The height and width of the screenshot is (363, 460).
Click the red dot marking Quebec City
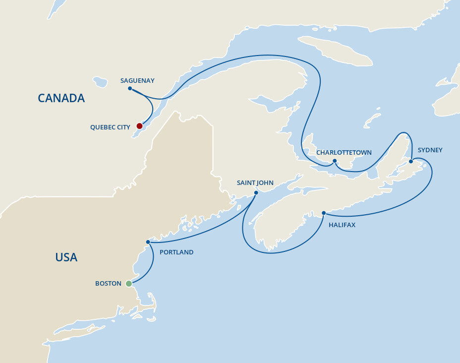[x=140, y=126]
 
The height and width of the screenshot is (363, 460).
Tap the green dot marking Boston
[x=129, y=284]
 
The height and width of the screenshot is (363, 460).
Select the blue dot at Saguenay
[x=130, y=89]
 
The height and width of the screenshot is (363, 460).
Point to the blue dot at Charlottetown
[x=335, y=161]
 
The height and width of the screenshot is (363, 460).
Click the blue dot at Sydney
[x=411, y=161]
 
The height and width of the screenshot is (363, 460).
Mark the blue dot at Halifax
[x=324, y=213]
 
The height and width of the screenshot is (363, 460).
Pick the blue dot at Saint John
[x=256, y=192]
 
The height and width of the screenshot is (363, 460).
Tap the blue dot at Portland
[x=148, y=242]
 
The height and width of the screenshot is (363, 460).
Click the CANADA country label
[x=61, y=98]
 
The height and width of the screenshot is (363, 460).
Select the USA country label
[x=66, y=257]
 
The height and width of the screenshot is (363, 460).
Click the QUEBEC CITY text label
[x=110, y=127]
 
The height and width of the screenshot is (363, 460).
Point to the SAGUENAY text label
[x=137, y=80]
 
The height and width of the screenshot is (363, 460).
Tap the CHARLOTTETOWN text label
[x=344, y=152]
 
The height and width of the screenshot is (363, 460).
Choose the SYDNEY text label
[x=430, y=150]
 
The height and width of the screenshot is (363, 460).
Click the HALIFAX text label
[x=342, y=225]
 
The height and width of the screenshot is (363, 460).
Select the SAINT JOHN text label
[x=255, y=183]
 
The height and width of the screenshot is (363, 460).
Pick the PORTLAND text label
[x=176, y=252]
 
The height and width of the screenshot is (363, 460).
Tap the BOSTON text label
[x=108, y=284]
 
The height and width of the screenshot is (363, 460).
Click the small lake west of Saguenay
[x=101, y=81]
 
